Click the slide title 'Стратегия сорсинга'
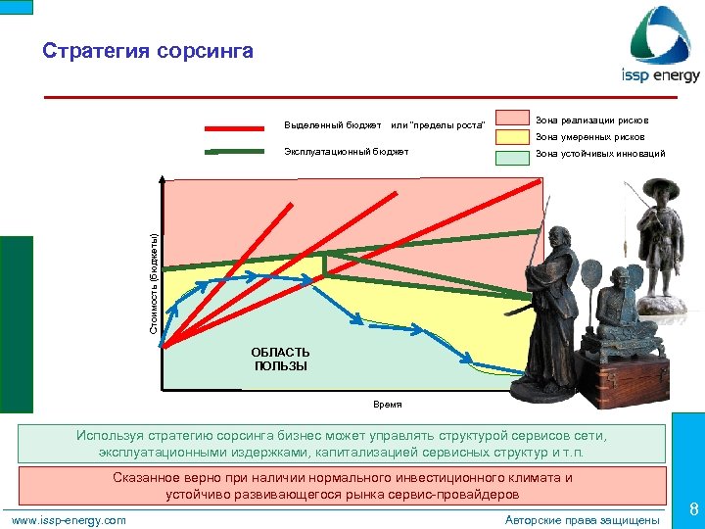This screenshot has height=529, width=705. tap(148, 51)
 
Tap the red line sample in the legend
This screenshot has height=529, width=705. tap(235, 126)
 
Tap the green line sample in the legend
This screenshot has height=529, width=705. tap(235, 153)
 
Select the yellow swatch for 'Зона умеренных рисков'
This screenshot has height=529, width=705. tap(512, 138)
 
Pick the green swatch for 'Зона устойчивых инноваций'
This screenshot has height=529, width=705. tap(512, 156)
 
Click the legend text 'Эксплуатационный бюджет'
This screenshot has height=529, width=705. tap(346, 152)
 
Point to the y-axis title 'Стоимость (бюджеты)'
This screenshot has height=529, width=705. tap(154, 282)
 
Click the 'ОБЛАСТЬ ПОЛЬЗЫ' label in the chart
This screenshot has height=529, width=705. tap(280, 360)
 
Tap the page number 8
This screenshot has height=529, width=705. tap(692, 509)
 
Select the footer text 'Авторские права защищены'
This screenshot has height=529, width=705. tap(582, 519)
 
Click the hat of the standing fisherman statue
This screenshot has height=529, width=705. tap(660, 189)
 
